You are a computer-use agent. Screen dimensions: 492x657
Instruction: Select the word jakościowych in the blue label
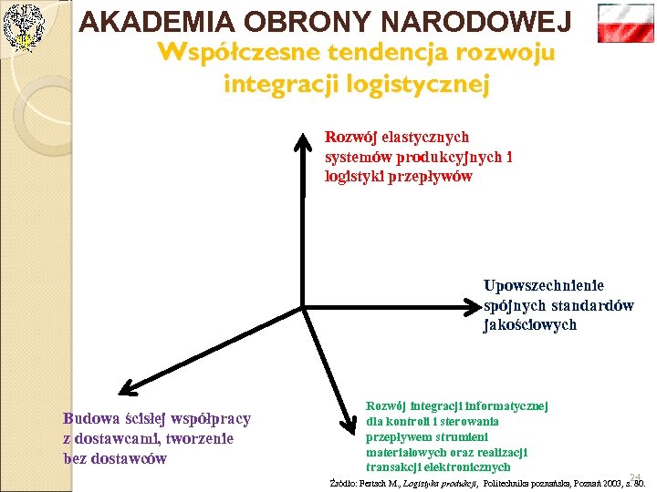(x=530, y=324)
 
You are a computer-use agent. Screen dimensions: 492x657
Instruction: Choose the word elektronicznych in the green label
(x=464, y=467)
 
